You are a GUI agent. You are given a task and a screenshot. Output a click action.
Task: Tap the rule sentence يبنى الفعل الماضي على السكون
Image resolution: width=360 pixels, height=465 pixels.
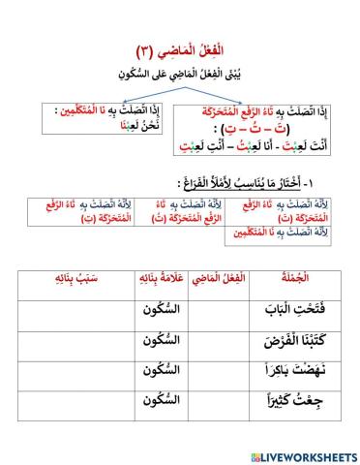[181, 73]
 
